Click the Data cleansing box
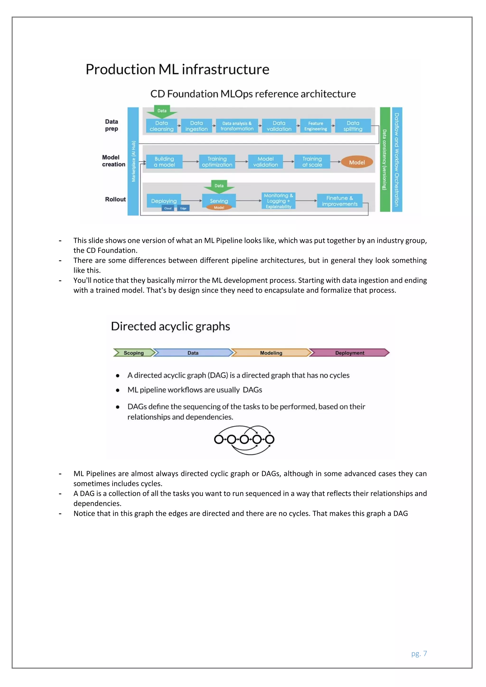point(162,126)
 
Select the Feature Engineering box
point(315,126)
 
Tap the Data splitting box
point(353,126)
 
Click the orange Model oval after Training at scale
point(357,162)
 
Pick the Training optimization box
point(217,162)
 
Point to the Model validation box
point(266,162)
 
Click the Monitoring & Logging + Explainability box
point(278,201)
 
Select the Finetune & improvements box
point(340,201)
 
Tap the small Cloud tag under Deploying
point(168,208)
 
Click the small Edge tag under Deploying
point(183,208)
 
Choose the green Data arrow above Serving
point(219,186)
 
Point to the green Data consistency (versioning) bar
point(385,159)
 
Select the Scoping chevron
point(133,353)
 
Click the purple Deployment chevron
point(349,353)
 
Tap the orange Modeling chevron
point(271,353)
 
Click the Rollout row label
point(115,199)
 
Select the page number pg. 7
point(419,654)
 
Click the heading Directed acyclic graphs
point(170,326)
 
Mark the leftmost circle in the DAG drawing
point(219,439)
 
